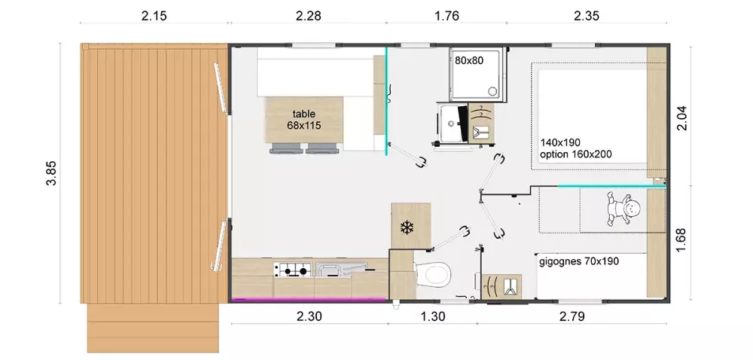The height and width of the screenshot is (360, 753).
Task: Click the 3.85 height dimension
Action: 51,172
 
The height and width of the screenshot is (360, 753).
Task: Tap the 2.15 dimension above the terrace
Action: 154,16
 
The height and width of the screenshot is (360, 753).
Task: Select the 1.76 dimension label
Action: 447,16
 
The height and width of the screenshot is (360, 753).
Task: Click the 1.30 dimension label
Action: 433,317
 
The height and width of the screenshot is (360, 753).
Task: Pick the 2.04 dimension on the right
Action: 682,117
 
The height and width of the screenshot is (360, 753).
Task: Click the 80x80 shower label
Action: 469,60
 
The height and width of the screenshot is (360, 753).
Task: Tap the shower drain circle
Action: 492,90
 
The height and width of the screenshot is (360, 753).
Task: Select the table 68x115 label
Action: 304,120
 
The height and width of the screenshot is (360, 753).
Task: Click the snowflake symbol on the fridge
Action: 407,227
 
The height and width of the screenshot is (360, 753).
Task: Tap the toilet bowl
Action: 435,275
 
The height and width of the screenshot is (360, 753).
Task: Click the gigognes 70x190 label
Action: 579,261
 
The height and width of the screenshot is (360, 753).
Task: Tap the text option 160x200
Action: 576,154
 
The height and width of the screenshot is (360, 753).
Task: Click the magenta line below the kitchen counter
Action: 309,300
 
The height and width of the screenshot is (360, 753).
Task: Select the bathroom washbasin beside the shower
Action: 451,123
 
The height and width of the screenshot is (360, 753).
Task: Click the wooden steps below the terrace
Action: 153,328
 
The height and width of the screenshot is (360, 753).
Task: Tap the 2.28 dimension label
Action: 308,16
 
